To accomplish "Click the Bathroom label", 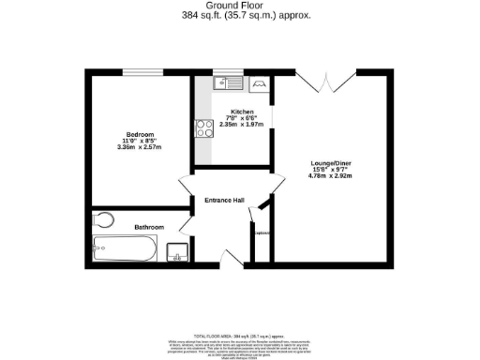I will click(149, 227).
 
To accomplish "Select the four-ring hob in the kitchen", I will click(204, 129).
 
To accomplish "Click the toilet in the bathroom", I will click(104, 221).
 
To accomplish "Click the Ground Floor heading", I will click(239, 5).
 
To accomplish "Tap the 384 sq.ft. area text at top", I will click(239, 15).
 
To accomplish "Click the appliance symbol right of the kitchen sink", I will click(258, 83).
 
